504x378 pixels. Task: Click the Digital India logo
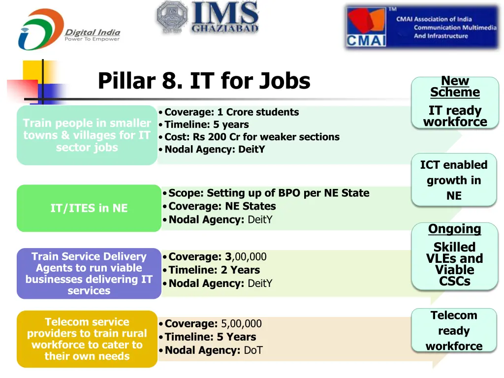click(x=69, y=30)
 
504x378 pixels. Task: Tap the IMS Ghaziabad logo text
click(x=225, y=17)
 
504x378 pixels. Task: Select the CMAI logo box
click(x=422, y=27)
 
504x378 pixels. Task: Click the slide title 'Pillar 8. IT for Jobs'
click(x=204, y=81)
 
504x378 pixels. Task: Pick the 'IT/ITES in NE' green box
click(x=89, y=208)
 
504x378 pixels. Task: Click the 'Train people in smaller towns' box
click(x=87, y=135)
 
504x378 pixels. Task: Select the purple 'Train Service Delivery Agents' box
click(x=89, y=273)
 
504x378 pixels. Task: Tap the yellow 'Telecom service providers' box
click(x=87, y=339)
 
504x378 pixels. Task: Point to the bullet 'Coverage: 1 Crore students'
click(x=231, y=112)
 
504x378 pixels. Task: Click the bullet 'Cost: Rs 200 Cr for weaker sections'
click(x=252, y=137)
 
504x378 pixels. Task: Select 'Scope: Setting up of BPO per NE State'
click(x=268, y=193)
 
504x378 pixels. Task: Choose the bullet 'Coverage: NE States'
click(x=222, y=206)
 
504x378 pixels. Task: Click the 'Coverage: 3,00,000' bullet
click(x=217, y=256)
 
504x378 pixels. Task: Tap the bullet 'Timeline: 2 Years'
click(x=214, y=270)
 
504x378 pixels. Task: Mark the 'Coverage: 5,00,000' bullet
click(x=213, y=324)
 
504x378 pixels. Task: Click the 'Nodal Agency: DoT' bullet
click(x=213, y=350)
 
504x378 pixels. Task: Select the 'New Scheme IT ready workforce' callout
click(x=455, y=102)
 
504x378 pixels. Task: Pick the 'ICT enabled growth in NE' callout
click(x=454, y=180)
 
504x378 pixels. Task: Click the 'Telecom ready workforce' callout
click(x=454, y=331)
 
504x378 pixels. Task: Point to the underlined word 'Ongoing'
click(x=454, y=229)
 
